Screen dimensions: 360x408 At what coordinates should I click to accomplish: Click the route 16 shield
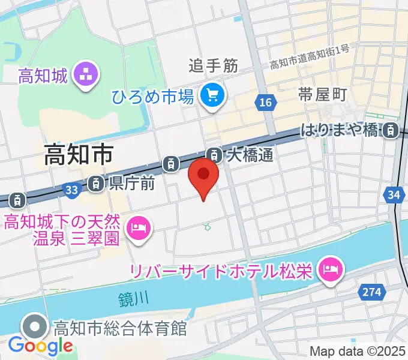pos(265,103)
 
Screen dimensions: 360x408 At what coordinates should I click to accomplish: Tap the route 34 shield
pos(393,194)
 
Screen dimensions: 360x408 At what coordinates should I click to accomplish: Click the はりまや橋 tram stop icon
pos(391,129)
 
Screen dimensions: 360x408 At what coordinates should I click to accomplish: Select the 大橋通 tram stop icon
pos(214,155)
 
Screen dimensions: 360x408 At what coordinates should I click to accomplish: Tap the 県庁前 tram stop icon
pos(95,184)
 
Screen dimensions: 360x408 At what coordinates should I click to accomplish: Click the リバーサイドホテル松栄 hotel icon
pos(329,267)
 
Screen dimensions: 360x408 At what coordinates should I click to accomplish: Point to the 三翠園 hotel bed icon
pos(138,227)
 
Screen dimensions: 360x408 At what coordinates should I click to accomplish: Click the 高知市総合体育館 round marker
pos(35,327)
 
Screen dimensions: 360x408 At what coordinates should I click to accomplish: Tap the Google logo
pos(40,346)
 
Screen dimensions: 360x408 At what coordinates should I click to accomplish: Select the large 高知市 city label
pos(79,156)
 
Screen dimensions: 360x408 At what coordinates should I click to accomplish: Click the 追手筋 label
pos(214,65)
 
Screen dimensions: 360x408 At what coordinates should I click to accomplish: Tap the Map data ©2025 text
pos(358,351)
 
